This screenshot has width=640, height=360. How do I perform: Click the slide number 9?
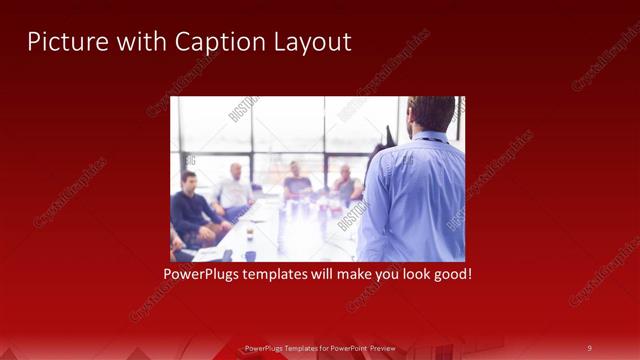(x=589, y=348)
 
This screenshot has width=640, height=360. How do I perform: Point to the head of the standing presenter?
(x=432, y=112)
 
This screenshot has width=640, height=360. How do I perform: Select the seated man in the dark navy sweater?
(x=192, y=210)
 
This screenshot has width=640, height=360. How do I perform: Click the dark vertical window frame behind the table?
(x=324, y=140)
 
